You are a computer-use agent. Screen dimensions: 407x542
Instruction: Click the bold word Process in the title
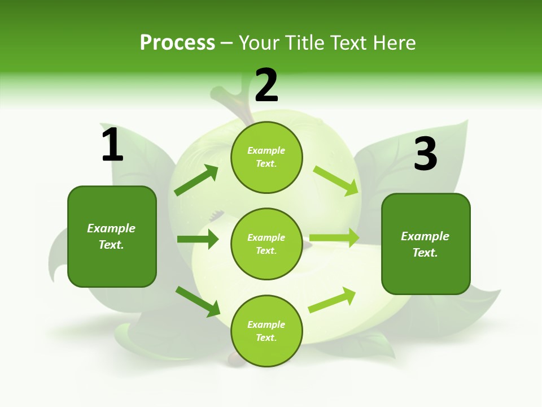[x=177, y=43]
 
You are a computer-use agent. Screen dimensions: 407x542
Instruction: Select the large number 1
[x=112, y=145]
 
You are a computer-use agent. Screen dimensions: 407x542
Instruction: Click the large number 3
[x=425, y=154]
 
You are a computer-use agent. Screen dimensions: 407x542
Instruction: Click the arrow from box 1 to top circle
[x=196, y=180]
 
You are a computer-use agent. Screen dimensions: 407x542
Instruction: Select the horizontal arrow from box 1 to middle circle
[x=198, y=239]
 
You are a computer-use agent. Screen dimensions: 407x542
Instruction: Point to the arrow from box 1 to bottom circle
[x=198, y=301]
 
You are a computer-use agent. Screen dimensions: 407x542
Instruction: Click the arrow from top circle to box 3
[x=337, y=180]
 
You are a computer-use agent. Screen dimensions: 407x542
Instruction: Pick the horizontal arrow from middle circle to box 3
[x=334, y=238]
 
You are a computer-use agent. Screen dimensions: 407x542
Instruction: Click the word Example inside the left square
[x=111, y=228]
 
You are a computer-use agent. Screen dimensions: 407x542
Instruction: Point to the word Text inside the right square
[x=425, y=253]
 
